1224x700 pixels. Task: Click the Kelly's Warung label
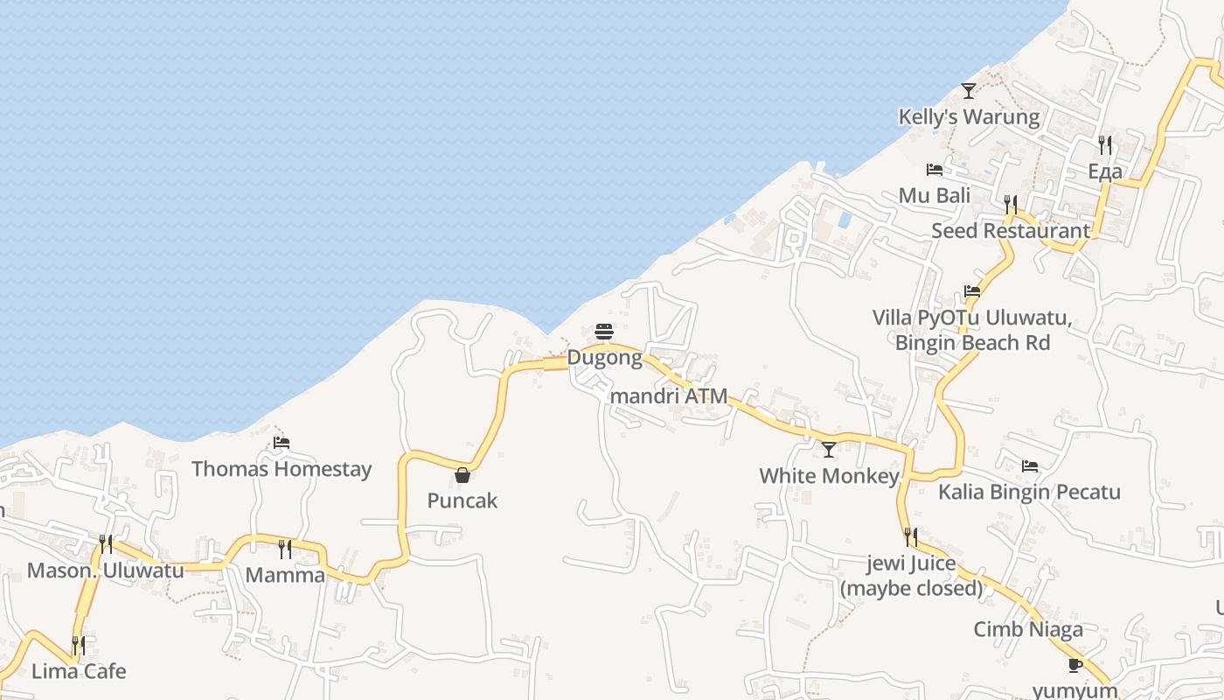point(969,117)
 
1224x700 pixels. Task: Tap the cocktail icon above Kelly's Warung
point(968,90)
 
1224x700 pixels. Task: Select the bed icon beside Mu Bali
point(935,169)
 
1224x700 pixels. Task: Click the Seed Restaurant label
point(1010,231)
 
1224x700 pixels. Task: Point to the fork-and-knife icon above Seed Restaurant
point(1011,205)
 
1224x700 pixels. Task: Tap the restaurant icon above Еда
point(1105,144)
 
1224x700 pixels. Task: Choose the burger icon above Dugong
point(603,332)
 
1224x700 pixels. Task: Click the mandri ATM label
point(669,396)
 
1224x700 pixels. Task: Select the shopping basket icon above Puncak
point(462,475)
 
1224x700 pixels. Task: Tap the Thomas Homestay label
point(282,469)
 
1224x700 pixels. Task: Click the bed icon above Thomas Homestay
point(281,443)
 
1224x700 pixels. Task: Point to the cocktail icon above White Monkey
point(828,450)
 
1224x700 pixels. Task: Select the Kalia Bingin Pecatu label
point(1029,492)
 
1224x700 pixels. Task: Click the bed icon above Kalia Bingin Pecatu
point(1029,466)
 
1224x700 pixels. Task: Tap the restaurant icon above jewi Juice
point(911,536)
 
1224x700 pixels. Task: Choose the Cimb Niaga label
point(1028,629)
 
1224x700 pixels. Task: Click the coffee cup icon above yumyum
point(1075,665)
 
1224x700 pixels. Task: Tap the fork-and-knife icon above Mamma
point(284,549)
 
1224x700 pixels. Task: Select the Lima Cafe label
point(79,671)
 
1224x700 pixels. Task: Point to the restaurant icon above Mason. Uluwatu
point(106,544)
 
